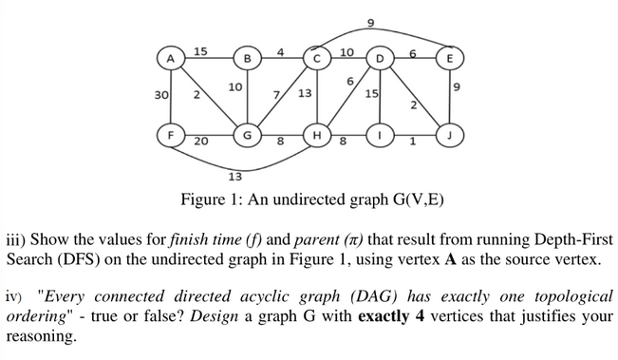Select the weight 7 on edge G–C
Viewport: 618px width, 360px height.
coord(276,94)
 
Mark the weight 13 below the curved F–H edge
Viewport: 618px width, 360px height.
coord(235,177)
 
